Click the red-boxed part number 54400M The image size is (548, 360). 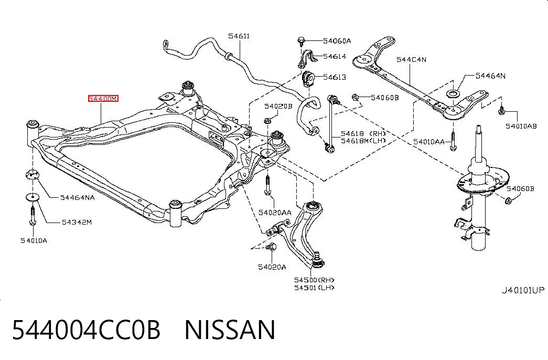[103, 99]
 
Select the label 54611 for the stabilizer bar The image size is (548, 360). [239, 36]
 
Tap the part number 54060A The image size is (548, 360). [337, 41]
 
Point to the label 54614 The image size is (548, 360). [335, 56]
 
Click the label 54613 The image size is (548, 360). [335, 77]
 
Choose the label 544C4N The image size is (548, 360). [411, 59]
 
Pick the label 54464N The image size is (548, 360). [490, 76]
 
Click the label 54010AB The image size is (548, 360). [521, 126]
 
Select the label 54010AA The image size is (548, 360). [429, 142]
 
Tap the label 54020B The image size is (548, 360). [278, 106]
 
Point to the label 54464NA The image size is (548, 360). [77, 198]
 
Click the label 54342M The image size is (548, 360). [77, 222]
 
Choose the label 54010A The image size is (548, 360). [34, 241]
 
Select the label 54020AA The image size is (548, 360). [275, 213]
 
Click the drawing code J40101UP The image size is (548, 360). [523, 290]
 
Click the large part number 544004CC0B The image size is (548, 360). [87, 330]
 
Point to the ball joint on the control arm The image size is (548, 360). [316, 260]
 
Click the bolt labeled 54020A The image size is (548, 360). [271, 247]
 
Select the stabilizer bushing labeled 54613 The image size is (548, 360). [308, 79]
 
